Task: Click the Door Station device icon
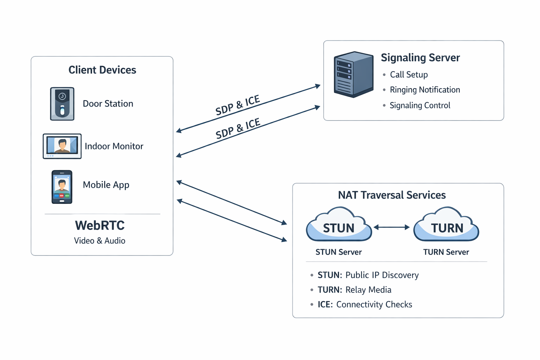(62, 104)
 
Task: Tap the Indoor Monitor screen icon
(62, 146)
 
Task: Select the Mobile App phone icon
(62, 187)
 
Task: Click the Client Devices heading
(102, 70)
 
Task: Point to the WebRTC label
(100, 225)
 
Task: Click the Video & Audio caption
(99, 241)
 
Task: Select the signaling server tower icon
(353, 75)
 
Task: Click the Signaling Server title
(420, 58)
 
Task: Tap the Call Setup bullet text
(409, 75)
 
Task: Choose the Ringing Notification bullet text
(425, 90)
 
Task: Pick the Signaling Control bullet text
(420, 105)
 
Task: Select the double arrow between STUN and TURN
(392, 227)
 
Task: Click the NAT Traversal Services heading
(392, 195)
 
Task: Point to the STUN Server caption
(339, 252)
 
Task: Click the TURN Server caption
(446, 252)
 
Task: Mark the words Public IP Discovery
(382, 275)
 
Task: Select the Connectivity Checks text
(374, 304)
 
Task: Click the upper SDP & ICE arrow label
(238, 105)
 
